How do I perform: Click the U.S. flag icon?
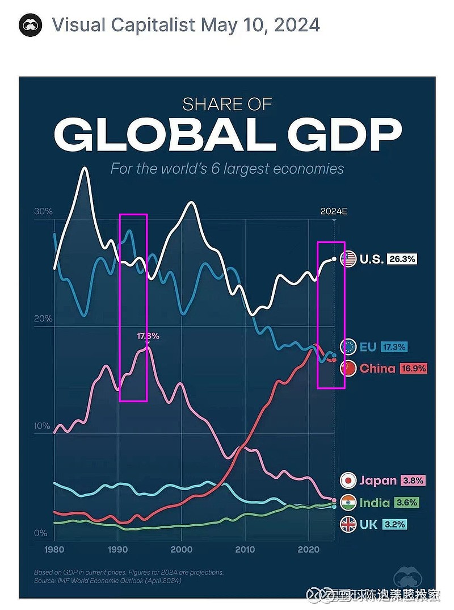click(348, 259)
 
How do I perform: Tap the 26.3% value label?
click(403, 259)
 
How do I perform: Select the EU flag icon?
click(348, 346)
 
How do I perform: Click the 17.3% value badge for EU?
click(394, 346)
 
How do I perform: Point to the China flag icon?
click(348, 368)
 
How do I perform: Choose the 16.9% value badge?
click(413, 368)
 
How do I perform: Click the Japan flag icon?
click(348, 481)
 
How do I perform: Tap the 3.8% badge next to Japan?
click(413, 481)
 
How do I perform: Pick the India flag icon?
click(348, 503)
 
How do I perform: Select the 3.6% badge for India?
click(407, 503)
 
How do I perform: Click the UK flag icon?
click(348, 525)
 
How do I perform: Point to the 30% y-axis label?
click(44, 212)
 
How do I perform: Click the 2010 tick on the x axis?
click(245, 550)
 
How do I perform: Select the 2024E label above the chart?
click(333, 211)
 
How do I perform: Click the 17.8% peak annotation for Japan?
click(148, 336)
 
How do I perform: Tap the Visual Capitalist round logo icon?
click(31, 26)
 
